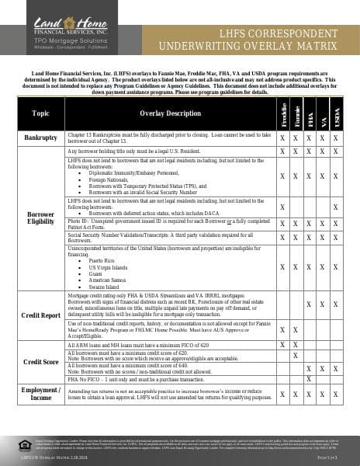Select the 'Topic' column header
tap(41, 113)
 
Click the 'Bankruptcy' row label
tap(41, 138)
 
